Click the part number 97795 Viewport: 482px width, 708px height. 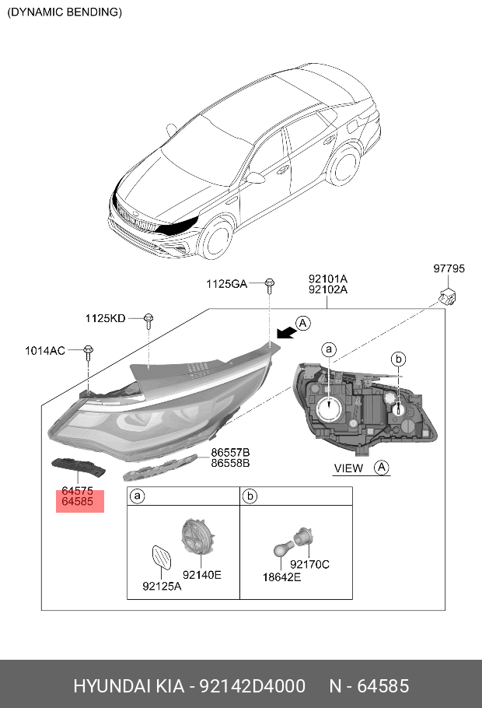449,269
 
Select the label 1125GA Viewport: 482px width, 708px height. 226,285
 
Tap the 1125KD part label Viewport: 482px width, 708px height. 105,318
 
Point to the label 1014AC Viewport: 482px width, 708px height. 44,351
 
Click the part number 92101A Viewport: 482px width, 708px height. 327,278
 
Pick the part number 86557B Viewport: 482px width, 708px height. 230,452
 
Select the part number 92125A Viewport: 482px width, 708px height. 162,586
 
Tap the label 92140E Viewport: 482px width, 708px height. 202,574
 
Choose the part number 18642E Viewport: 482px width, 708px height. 284,577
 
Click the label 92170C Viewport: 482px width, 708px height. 309,564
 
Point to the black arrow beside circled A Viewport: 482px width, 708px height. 285,331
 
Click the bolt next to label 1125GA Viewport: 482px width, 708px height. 269,284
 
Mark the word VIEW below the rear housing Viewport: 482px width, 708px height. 348,468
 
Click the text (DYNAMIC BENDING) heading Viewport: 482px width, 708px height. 65,12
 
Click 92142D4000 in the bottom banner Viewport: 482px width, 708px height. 252,686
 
